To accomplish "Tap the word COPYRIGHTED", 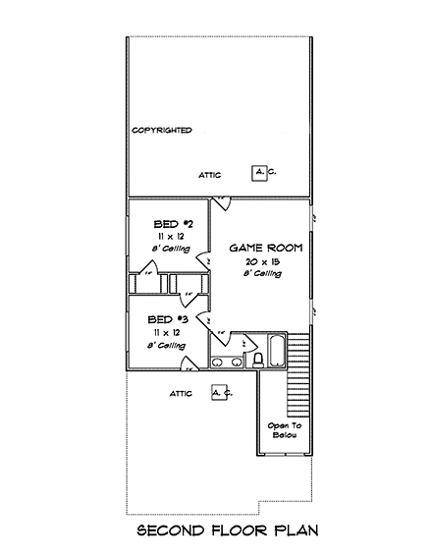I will [161, 130].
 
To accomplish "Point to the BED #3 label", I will [167, 320].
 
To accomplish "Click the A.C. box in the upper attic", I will [261, 173].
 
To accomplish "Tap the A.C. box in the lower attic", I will [220, 393].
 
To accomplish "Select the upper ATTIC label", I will [209, 175].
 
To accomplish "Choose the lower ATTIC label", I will [180, 394].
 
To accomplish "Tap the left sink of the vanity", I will [217, 363].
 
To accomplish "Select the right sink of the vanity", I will [236, 363].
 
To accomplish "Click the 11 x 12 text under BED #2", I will [169, 237].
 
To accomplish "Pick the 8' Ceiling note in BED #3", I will [168, 346].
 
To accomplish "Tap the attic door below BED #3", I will [188, 364].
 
